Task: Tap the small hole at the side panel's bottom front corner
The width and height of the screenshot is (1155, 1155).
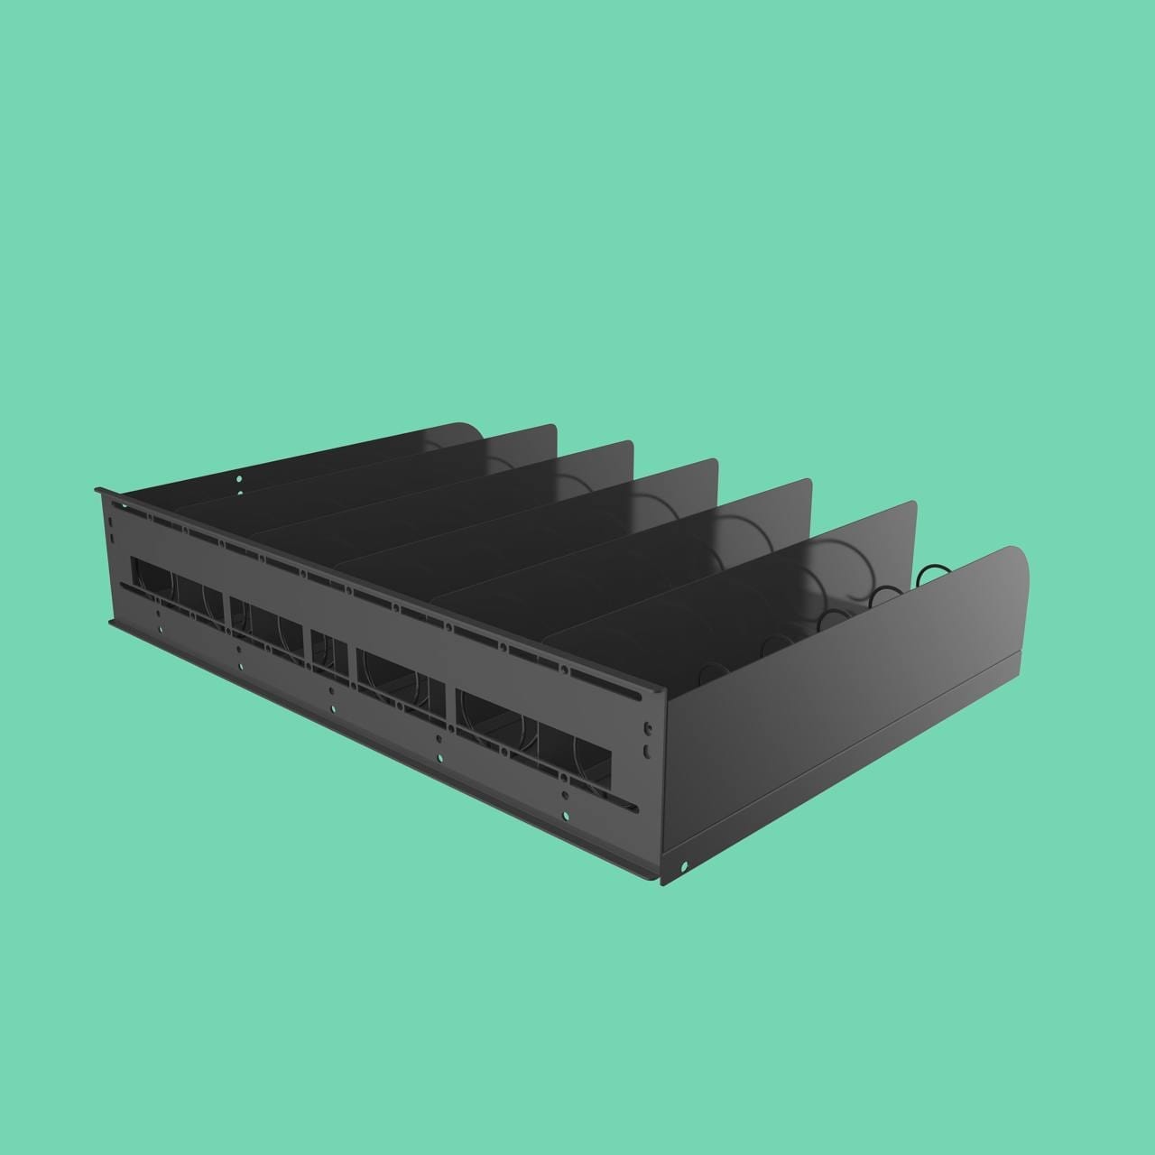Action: point(684,867)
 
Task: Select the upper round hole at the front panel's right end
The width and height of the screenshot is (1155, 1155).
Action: point(647,726)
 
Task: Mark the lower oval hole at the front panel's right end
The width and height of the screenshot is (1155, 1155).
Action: point(647,750)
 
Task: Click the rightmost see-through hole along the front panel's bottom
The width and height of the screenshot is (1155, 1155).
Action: point(566,817)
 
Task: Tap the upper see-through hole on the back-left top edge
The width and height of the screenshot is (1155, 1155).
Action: point(239,478)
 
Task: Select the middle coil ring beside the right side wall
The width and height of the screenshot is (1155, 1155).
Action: point(886,596)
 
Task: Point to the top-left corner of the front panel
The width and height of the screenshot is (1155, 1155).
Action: point(97,490)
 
